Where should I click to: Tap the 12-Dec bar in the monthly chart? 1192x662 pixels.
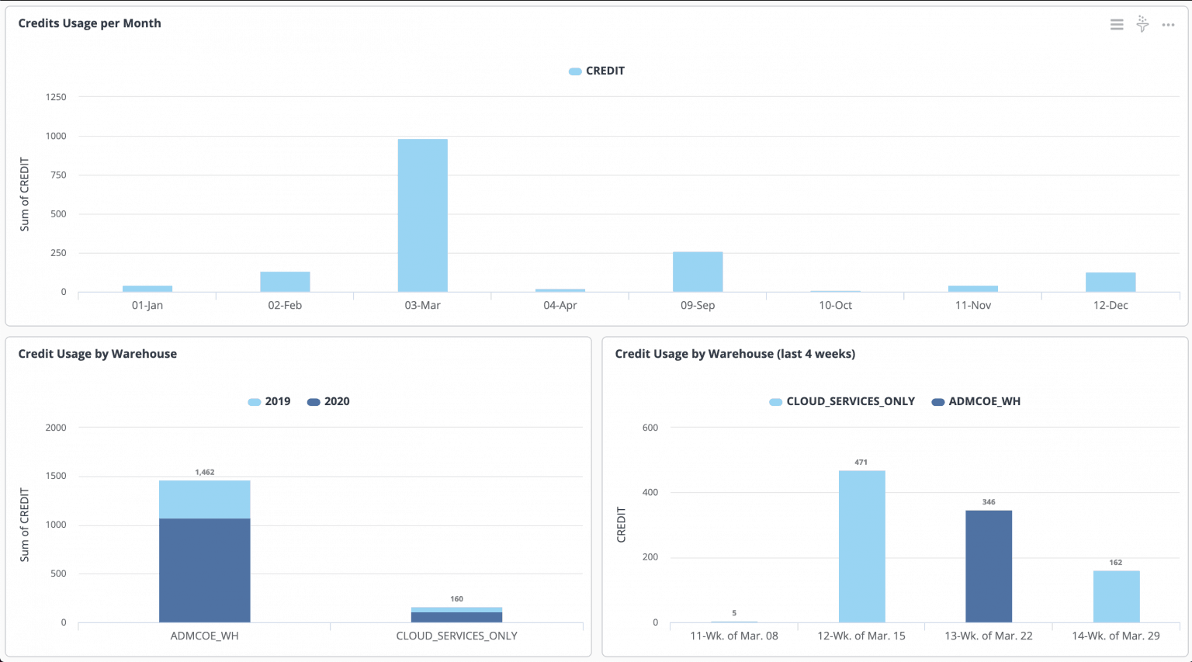(x=1110, y=282)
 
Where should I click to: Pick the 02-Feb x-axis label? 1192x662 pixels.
(x=285, y=305)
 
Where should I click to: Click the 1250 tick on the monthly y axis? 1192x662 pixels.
(x=56, y=97)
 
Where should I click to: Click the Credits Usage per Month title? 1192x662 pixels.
(x=90, y=23)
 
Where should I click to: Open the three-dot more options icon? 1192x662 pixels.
(x=1168, y=25)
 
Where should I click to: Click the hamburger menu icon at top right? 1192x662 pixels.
(x=1117, y=25)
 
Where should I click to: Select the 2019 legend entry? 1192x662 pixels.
(x=269, y=401)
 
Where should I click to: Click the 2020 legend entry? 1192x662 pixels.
(x=328, y=401)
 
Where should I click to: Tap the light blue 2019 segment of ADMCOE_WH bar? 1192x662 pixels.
(x=205, y=499)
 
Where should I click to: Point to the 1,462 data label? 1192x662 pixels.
(x=205, y=472)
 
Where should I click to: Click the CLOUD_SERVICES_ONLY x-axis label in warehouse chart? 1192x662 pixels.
(x=456, y=636)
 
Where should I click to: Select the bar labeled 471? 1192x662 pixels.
(x=861, y=546)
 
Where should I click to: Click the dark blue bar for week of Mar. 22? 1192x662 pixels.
(x=989, y=567)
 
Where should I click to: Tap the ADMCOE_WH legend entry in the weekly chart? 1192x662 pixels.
(x=976, y=401)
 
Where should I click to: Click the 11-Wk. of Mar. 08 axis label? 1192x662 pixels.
(x=734, y=636)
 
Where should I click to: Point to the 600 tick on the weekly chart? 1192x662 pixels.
(x=650, y=428)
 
